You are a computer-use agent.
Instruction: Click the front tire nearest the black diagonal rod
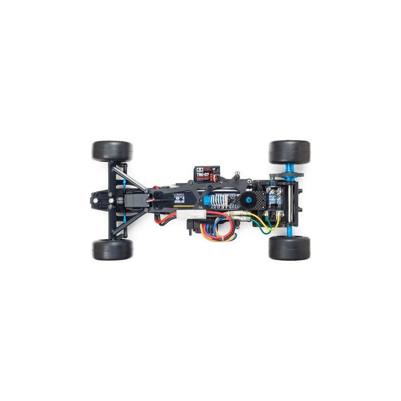pos(112,249)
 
